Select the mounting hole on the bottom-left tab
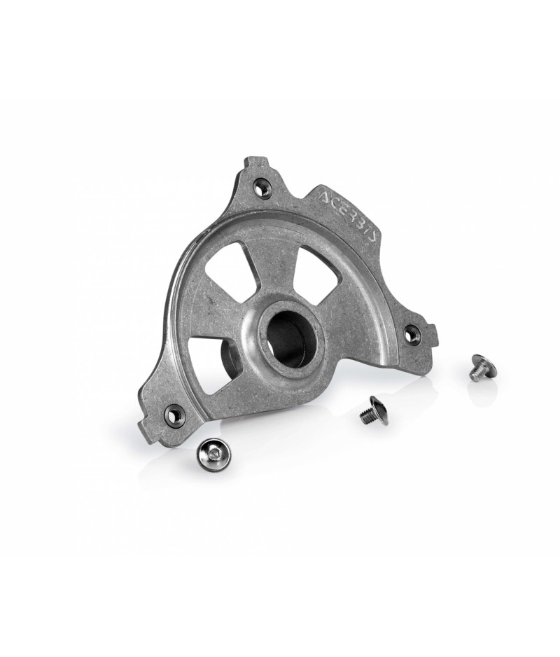(174, 413)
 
